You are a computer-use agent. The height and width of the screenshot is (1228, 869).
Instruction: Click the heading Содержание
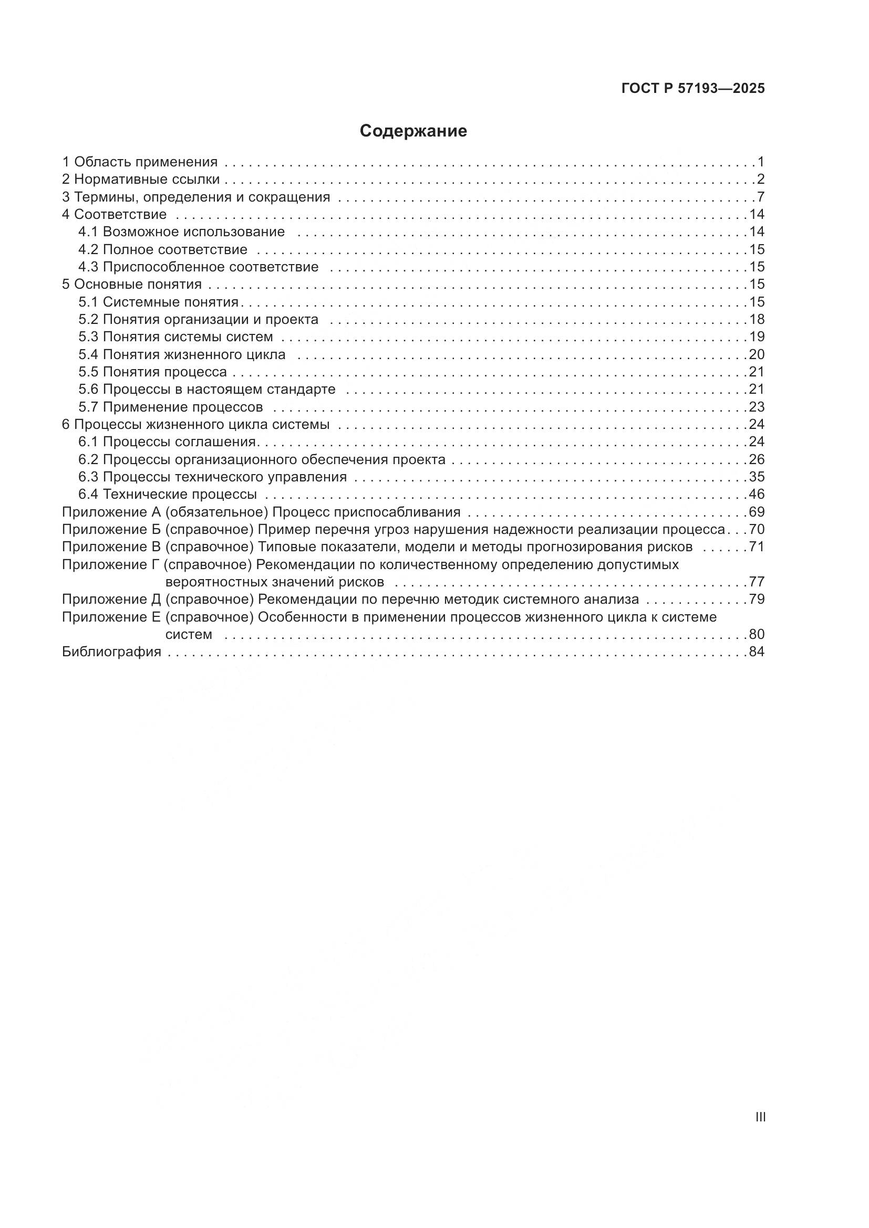click(413, 131)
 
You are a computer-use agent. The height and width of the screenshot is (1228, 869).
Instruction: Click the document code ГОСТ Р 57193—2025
click(693, 89)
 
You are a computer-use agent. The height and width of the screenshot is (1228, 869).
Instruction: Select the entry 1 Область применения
click(140, 162)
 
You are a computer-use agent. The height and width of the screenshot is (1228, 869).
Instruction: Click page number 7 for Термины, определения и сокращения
click(760, 197)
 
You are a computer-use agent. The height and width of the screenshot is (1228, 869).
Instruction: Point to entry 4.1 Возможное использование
click(181, 232)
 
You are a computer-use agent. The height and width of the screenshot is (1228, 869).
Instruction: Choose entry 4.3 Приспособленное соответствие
click(198, 266)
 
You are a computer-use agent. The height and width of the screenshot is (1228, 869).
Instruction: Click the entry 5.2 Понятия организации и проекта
click(198, 319)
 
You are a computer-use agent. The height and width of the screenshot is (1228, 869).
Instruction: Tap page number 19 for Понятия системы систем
click(757, 337)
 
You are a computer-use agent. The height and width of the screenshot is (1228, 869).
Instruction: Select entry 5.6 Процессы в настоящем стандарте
click(206, 389)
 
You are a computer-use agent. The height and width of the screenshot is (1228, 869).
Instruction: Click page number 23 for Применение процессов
click(757, 406)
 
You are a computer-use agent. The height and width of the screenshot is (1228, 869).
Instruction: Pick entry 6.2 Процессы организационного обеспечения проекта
click(262, 459)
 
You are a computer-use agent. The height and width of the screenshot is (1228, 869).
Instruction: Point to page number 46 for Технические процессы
click(757, 494)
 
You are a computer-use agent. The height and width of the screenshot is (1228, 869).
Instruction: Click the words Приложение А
click(111, 512)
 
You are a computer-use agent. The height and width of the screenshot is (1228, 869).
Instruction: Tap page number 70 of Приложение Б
click(757, 530)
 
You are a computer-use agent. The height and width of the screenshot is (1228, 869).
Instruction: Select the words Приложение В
click(111, 547)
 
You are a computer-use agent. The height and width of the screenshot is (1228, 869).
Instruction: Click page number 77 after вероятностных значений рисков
click(757, 581)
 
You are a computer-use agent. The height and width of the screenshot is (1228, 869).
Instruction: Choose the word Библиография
click(111, 652)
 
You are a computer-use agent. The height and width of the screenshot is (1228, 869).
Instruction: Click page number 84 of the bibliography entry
click(757, 652)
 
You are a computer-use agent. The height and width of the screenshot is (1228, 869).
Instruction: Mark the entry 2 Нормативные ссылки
click(141, 179)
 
